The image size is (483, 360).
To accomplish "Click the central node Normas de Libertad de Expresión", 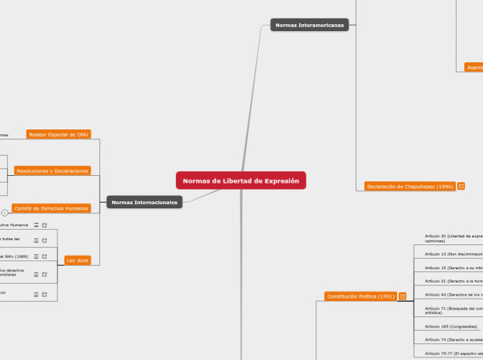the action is tap(240, 181).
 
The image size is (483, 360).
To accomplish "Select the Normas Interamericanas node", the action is tap(309, 25).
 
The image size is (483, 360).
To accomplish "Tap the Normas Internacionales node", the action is tap(144, 202).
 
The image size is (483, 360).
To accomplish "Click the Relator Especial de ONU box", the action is tap(59, 134).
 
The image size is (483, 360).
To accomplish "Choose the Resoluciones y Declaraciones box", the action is tap(52, 170).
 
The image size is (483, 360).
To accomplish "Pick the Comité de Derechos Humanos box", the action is tap(51, 208).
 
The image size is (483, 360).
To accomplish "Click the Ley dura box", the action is tap(77, 260).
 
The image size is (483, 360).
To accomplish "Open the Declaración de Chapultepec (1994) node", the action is tap(410, 186).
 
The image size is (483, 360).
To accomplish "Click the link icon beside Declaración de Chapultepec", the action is tap(461, 186).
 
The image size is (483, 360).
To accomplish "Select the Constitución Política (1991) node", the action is tap(360, 296).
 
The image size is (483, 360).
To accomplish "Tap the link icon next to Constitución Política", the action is tap(403, 296).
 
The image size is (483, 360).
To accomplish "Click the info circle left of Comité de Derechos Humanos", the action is tap(5, 213).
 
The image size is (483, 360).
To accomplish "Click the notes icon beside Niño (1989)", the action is tap(36, 256).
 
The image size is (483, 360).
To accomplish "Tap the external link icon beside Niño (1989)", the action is tap(44, 256).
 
